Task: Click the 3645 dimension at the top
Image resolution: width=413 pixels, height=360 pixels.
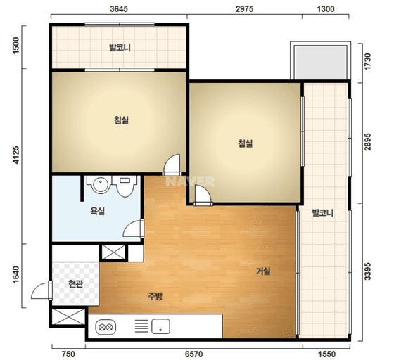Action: pos(119,9)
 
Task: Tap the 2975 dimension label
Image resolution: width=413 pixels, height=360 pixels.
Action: pos(244,9)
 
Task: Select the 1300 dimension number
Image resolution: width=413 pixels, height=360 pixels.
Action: pos(326,9)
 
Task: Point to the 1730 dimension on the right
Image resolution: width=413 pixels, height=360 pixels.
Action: pos(368,62)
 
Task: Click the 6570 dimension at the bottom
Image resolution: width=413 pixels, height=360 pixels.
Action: pos(194,354)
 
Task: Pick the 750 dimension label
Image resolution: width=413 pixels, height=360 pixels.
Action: pos(68,354)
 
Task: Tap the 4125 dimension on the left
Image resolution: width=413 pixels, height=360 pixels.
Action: pos(16,155)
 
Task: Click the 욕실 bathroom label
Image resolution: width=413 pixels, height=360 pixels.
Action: pos(98,211)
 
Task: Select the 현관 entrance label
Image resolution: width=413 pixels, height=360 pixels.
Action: pos(76,283)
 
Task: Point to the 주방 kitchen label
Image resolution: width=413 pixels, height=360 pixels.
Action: pos(155,296)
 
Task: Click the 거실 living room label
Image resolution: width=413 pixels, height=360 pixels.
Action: pos(263,271)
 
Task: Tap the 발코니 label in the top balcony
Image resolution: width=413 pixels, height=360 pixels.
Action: pos(120,48)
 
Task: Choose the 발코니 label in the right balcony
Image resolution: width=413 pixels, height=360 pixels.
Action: pos(323,212)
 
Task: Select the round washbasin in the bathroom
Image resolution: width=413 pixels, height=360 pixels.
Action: pos(100,184)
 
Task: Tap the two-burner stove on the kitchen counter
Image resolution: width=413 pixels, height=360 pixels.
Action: pos(106,328)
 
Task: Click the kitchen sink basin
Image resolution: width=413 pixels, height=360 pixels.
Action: pos(160,326)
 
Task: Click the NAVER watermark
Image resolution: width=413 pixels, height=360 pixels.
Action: pos(190,181)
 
